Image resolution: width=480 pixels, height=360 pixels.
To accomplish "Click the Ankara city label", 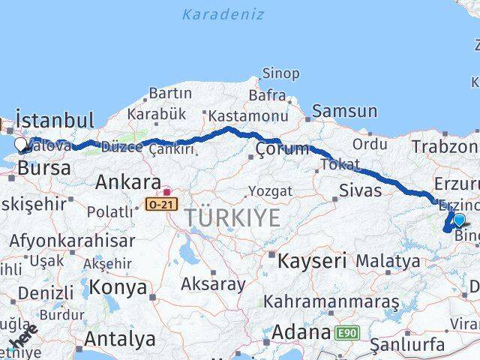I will coord(128,182).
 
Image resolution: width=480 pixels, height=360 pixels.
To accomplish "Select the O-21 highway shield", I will coord(163,203).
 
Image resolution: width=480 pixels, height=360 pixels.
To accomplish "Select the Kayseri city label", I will coord(312,261).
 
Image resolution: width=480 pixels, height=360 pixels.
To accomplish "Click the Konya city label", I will coord(118,286).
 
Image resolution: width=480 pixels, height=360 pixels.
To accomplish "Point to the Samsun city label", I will coord(344,111).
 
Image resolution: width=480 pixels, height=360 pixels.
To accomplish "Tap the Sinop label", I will coord(280,73).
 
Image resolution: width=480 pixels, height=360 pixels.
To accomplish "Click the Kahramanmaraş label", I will coord(330,301).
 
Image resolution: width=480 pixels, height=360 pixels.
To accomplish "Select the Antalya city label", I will coord(120,338).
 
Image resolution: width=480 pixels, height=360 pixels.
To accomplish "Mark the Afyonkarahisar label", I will coord(72,241).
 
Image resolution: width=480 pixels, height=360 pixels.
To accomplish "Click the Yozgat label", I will coord(270,191).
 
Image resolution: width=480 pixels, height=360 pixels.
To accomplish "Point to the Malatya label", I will coord(388,261).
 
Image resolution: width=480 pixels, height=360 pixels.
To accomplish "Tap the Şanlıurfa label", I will coord(413,346).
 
